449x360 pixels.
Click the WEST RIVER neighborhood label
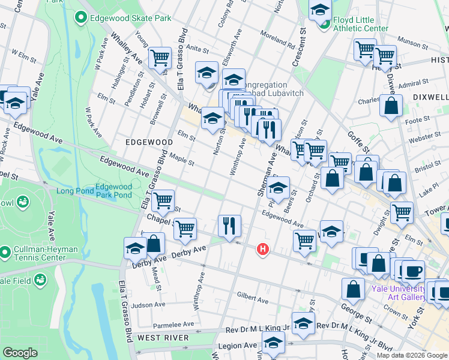point(163,338)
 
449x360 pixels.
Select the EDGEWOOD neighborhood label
point(149,142)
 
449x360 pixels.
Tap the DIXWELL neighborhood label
point(430,97)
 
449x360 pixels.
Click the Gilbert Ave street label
point(252,295)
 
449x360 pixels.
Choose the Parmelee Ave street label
point(174,324)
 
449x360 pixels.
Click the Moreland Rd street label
point(274,41)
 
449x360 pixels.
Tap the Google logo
point(20,353)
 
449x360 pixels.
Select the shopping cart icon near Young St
point(160,58)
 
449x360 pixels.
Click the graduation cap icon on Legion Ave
point(274,344)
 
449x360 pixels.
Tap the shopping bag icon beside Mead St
point(154,244)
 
